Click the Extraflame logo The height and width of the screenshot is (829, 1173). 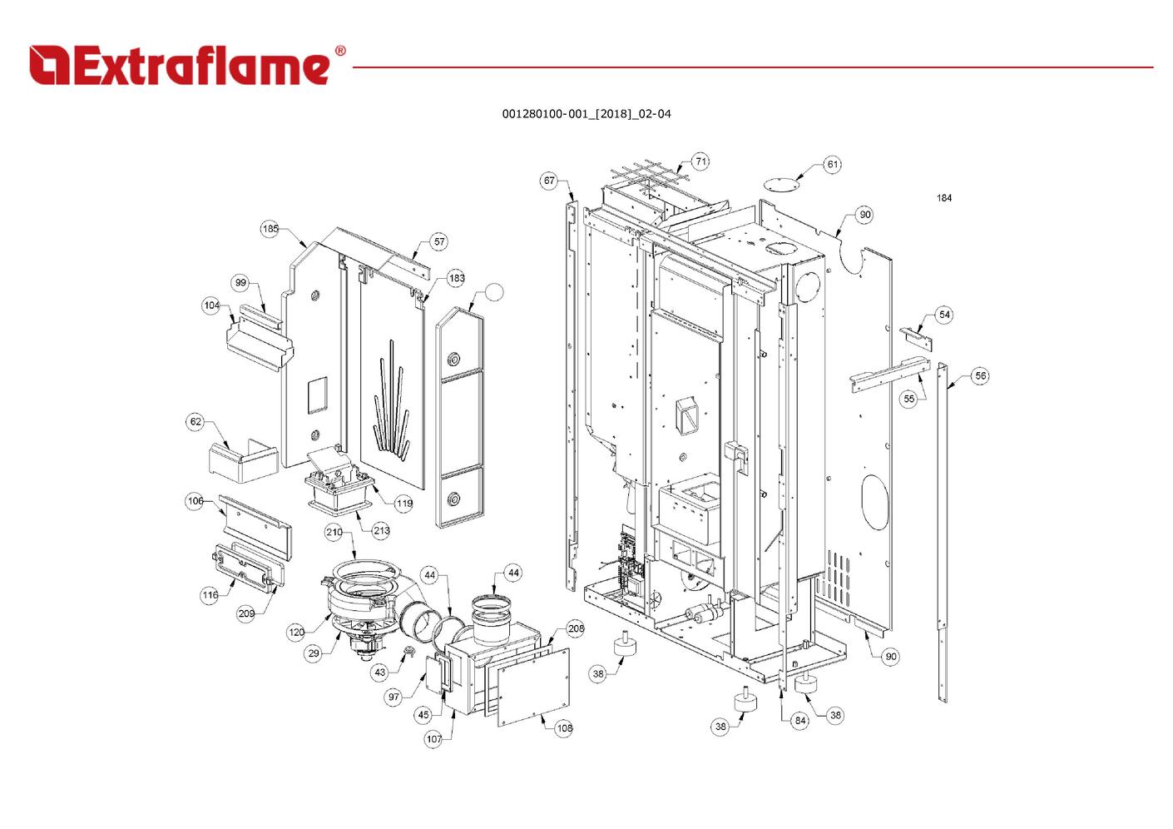(187, 65)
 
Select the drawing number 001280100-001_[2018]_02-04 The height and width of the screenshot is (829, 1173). (586, 114)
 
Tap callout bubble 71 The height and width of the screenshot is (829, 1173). (700, 161)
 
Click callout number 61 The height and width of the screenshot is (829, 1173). (833, 165)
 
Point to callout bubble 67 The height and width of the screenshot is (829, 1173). (549, 181)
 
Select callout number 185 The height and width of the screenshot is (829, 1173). (270, 229)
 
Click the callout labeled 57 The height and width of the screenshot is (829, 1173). (439, 242)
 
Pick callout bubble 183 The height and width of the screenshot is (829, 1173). (456, 278)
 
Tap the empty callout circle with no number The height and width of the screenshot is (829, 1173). (494, 291)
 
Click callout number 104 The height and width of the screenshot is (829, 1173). (212, 305)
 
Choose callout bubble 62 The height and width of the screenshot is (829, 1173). (195, 422)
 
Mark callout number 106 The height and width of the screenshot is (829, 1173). (195, 501)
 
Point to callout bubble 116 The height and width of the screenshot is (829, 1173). (210, 595)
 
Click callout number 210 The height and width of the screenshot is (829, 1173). (334, 532)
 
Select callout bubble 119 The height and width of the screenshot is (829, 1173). (403, 504)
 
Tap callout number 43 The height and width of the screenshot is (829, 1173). (380, 673)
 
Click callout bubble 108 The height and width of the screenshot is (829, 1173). (564, 728)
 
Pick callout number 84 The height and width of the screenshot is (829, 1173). (799, 720)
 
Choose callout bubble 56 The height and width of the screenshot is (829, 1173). (981, 376)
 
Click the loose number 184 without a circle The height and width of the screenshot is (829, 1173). (944, 198)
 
